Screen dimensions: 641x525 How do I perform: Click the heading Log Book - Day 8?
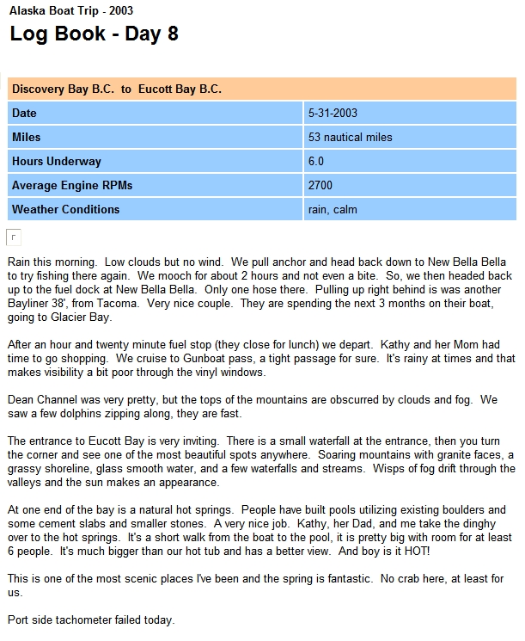tap(94, 34)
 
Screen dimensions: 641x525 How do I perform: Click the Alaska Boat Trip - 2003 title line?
tap(71, 11)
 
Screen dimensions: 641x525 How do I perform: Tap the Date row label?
tap(25, 113)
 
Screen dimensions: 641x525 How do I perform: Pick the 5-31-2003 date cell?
tap(333, 113)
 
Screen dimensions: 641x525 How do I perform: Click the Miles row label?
tap(27, 137)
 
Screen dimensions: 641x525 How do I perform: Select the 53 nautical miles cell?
tap(350, 137)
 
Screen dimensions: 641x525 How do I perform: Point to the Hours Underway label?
tap(57, 161)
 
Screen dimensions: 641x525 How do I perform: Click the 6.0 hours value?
tap(316, 161)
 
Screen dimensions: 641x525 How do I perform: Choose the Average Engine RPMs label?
tap(72, 185)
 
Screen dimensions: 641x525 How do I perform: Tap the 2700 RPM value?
tap(320, 185)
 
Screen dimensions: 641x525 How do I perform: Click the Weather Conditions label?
tap(66, 209)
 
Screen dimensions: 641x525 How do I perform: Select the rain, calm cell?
tap(333, 209)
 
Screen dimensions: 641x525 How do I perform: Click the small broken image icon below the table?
tap(14, 237)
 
